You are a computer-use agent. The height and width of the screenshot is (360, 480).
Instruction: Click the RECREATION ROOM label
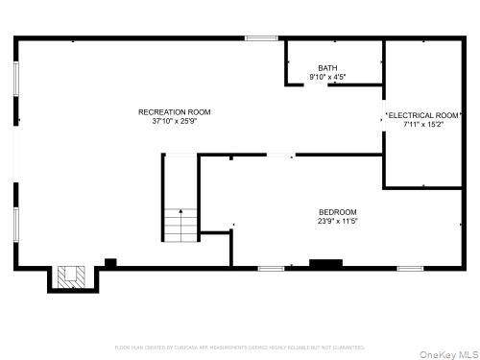[174, 112]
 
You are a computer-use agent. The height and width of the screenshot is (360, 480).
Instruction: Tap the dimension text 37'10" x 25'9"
[174, 122]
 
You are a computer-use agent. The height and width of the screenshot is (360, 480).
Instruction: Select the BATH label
[328, 67]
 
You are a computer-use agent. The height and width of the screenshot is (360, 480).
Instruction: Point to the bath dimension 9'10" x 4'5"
[328, 77]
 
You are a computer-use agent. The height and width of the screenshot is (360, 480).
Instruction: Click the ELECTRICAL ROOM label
[423, 114]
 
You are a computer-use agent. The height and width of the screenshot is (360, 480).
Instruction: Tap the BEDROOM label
[338, 212]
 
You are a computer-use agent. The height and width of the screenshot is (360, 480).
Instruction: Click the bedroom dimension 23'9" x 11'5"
[338, 222]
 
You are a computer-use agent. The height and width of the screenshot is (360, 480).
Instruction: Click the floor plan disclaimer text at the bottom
[240, 347]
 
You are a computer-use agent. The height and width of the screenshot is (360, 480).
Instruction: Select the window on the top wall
[261, 38]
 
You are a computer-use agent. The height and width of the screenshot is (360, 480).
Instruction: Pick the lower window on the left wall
[15, 223]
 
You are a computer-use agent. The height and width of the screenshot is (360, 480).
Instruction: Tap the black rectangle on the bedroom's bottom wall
[325, 262]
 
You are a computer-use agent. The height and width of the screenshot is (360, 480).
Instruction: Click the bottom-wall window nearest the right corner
[410, 268]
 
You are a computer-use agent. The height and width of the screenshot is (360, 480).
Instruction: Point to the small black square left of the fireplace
[110, 262]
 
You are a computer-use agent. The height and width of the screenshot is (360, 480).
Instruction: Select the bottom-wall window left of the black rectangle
[271, 268]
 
